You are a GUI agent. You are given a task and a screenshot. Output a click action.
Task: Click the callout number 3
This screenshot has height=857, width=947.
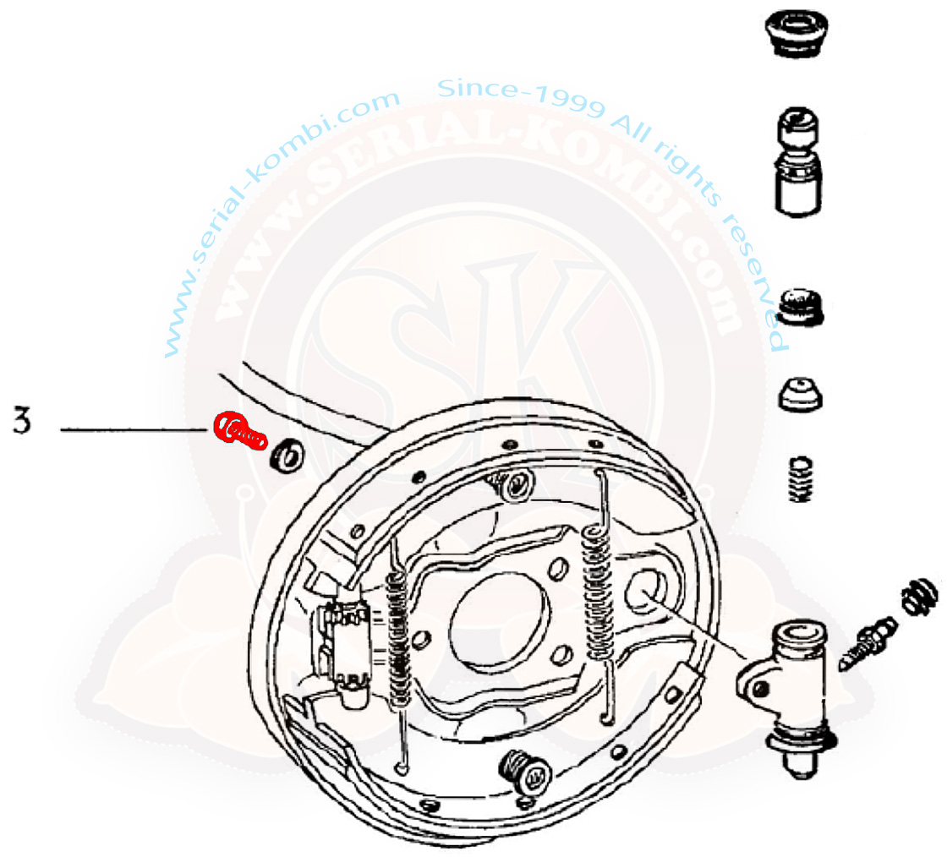tap(22, 421)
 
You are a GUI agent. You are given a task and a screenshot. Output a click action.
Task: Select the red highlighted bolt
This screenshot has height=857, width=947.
tap(240, 430)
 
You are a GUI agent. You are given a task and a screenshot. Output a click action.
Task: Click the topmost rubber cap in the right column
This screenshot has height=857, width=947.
tap(796, 32)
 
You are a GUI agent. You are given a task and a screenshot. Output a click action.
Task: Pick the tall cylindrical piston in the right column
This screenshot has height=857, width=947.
tap(798, 161)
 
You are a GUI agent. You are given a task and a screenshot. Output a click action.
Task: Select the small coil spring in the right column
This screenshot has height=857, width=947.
tap(801, 480)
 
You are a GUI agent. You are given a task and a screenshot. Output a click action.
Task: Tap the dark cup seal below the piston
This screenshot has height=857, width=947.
tap(802, 308)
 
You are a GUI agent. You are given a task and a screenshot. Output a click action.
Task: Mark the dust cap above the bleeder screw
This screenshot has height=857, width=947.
tap(919, 597)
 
